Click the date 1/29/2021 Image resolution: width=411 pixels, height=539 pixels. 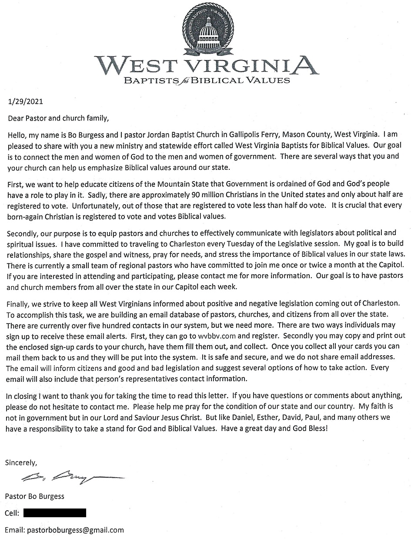26,103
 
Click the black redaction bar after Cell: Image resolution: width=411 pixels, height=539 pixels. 55,513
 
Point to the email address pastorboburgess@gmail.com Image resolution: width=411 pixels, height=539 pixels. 75,530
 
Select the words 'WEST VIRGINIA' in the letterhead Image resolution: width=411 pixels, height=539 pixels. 206,65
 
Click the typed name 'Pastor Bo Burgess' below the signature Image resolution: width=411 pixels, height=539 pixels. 34,496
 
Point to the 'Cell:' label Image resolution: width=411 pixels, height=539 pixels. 12,513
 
